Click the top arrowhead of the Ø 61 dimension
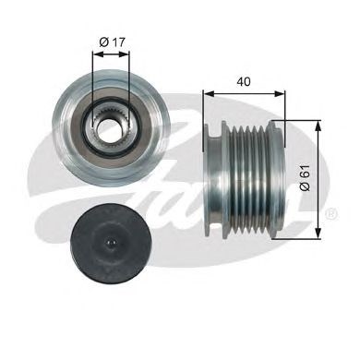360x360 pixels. [x=318, y=124]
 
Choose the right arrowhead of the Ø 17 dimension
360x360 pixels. [x=128, y=52]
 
